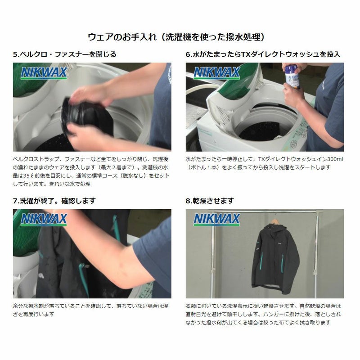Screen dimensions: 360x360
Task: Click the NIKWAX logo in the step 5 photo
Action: pyautogui.click(x=44, y=73)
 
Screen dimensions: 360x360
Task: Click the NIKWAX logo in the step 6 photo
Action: pyautogui.click(x=216, y=73)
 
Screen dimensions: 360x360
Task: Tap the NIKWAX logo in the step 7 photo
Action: pyautogui.click(x=44, y=220)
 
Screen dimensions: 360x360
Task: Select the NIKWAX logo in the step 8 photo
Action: pyautogui.click(x=216, y=220)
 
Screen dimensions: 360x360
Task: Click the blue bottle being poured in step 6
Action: pyautogui.click(x=292, y=76)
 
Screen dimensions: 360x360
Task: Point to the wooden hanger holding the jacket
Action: pyautogui.click(x=275, y=221)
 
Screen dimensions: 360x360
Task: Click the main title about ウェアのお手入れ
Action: pyautogui.click(x=176, y=37)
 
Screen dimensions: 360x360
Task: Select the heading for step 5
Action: pyautogui.click(x=65, y=54)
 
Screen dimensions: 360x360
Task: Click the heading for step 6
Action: pyautogui.click(x=263, y=54)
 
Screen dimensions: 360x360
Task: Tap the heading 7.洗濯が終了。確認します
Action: pyautogui.click(x=54, y=201)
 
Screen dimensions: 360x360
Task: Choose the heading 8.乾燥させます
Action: pyautogui.click(x=210, y=201)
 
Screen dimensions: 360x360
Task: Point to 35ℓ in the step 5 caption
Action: pyautogui.click(x=28, y=175)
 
